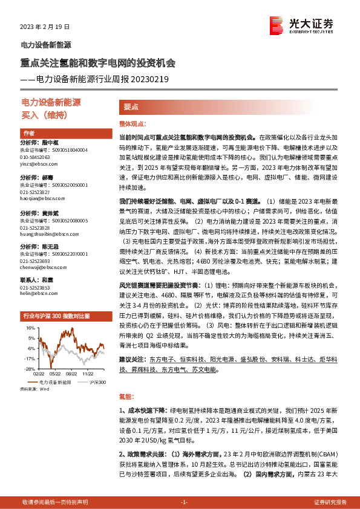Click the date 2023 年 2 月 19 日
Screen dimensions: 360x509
coord(45,27)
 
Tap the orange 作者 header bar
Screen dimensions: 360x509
coord(28,133)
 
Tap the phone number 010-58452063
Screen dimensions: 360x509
coord(35,157)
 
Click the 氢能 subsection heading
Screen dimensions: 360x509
coord(126,397)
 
